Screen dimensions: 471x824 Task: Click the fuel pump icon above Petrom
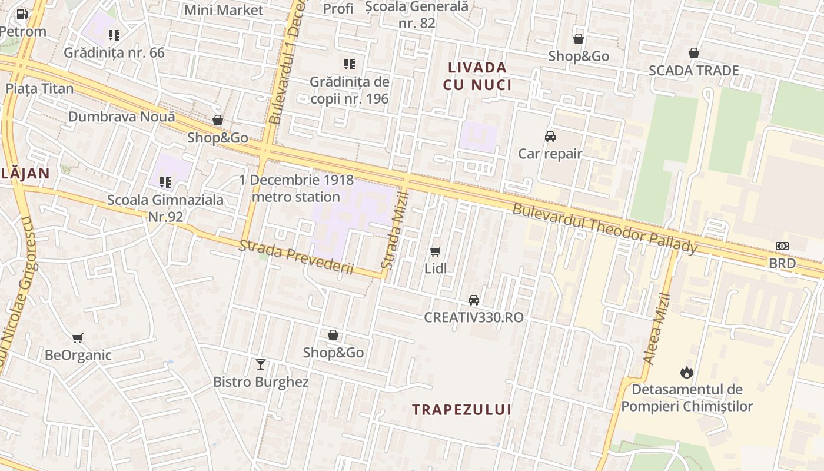[x=22, y=14]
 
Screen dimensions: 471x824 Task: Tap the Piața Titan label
[x=40, y=89]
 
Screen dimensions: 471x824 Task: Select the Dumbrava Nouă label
[x=122, y=117]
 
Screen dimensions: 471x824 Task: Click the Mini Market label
[x=224, y=10]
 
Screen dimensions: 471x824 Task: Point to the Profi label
[x=338, y=9]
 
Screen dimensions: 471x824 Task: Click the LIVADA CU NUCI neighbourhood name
[x=477, y=76]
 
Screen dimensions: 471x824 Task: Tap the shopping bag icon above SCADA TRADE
[x=694, y=53]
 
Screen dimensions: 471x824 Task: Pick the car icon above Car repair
[x=550, y=137]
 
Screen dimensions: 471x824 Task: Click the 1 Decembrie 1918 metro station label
[x=296, y=188]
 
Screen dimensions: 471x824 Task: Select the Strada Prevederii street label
[x=295, y=257]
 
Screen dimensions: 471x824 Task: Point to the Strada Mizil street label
[x=395, y=230]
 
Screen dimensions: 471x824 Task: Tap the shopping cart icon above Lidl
[x=436, y=252]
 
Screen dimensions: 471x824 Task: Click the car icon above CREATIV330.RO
[x=474, y=300]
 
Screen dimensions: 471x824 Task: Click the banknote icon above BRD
[x=782, y=246]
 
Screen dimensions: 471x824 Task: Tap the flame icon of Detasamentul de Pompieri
[x=687, y=372]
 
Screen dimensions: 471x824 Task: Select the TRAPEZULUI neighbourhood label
[x=461, y=410]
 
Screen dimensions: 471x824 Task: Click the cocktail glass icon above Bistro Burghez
[x=261, y=364]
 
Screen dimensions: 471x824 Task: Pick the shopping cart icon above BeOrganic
[x=78, y=338]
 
